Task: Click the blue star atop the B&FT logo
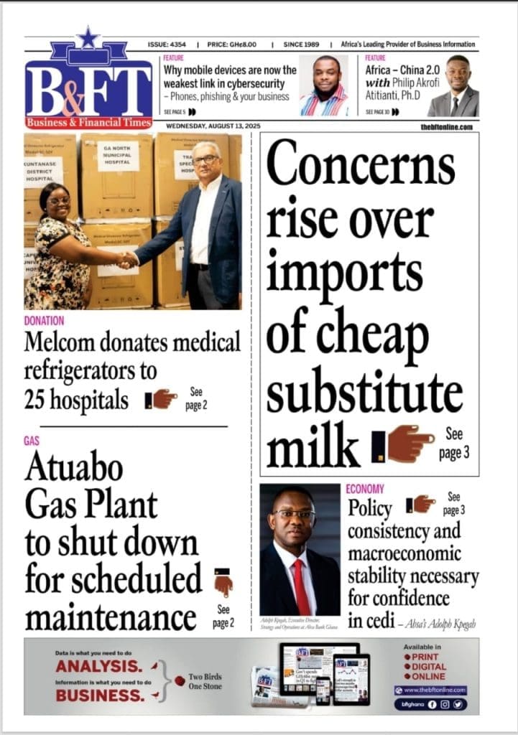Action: point(88,37)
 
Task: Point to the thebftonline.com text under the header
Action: point(447,127)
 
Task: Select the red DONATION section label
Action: point(44,321)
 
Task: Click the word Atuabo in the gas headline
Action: point(74,469)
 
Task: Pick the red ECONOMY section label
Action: point(365,489)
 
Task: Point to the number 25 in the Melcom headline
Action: point(38,399)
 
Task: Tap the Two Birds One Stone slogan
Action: point(205,681)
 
